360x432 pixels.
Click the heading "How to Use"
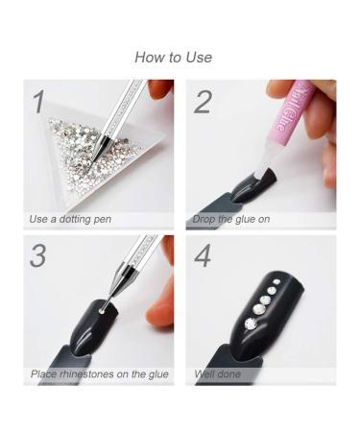[174, 58]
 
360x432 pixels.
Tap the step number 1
[39, 102]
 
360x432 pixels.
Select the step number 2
[203, 102]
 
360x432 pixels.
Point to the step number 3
[37, 255]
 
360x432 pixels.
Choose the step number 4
[203, 255]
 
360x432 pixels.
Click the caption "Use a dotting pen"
[70, 219]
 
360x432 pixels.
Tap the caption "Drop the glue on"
[231, 219]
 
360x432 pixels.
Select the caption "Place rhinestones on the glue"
[100, 373]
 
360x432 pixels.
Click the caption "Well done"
[218, 373]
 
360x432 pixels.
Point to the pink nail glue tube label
[291, 108]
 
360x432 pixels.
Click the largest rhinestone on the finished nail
[251, 324]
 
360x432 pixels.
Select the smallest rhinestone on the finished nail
[276, 282]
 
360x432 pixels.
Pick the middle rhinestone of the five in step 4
[265, 300]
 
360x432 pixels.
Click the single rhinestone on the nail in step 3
[102, 311]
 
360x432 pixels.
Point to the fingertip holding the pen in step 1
[160, 89]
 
